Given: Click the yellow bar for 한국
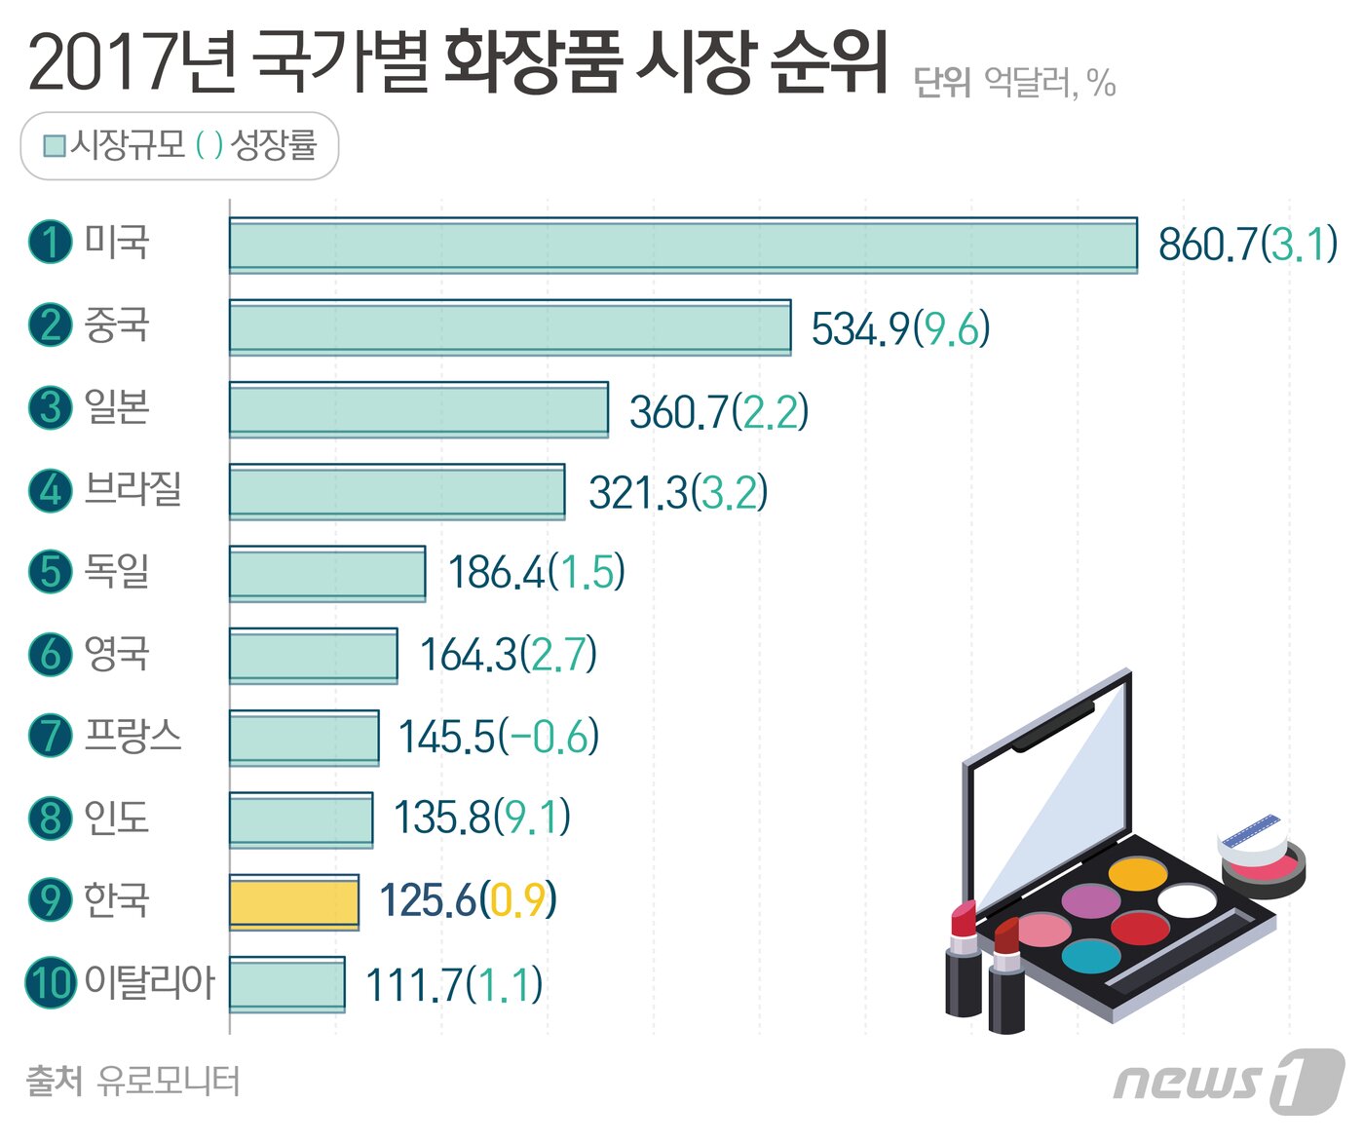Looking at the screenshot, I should [x=293, y=901].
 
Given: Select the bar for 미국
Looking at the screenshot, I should [x=682, y=245].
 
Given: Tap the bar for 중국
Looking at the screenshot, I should [x=510, y=327].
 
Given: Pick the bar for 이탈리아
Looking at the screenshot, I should [x=286, y=984].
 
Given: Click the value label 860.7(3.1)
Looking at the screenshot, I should [x=1247, y=245].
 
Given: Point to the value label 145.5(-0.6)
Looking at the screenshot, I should [x=498, y=738].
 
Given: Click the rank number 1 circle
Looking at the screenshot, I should [x=50, y=242].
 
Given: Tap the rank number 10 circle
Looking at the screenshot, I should [x=50, y=981].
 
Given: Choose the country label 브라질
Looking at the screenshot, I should [x=133, y=488].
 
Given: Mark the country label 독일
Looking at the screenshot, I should [x=117, y=571].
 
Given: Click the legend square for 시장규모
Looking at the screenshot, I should [x=55, y=146].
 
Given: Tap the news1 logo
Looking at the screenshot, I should [x=1230, y=1081].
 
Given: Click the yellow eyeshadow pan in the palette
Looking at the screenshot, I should [x=1137, y=874].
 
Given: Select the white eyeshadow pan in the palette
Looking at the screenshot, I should [x=1187, y=899].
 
